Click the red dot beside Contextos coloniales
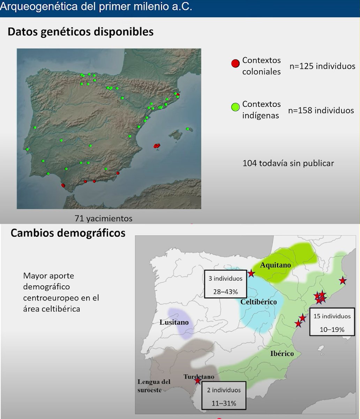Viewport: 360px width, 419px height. [x=235, y=64]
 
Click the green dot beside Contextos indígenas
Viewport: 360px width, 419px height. [x=235, y=107]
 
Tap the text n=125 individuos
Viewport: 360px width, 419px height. [x=322, y=66]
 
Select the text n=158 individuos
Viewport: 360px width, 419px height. [x=321, y=110]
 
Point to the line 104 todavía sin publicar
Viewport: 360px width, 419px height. [x=288, y=163]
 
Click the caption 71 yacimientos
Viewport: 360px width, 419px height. [x=104, y=219]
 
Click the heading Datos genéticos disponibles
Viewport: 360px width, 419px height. [x=81, y=32]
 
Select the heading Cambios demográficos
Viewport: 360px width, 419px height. [x=68, y=233]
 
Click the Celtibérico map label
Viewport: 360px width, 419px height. [x=258, y=302]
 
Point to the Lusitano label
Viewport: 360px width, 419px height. [x=174, y=322]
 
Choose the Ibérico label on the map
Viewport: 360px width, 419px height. [x=282, y=354]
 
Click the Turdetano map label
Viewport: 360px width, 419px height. [x=198, y=377]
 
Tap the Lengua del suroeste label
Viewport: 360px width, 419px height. [x=154, y=386]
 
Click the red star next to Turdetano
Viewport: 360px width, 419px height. [x=197, y=381]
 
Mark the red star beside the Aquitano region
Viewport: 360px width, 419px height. [x=251, y=273]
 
